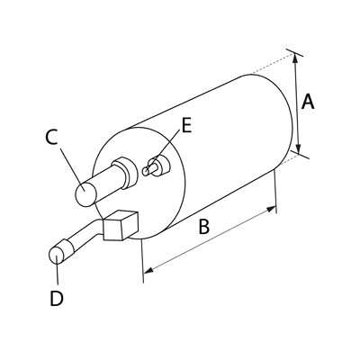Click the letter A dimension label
pyautogui.click(x=308, y=102)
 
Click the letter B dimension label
pyautogui.click(x=204, y=227)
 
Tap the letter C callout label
pyautogui.click(x=51, y=138)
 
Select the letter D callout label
pyautogui.click(x=57, y=299)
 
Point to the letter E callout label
pyautogui.click(x=186, y=125)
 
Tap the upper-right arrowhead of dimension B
pyautogui.click(x=272, y=209)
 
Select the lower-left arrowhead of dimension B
pyautogui.click(x=148, y=270)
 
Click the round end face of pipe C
pyautogui.click(x=85, y=194)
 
